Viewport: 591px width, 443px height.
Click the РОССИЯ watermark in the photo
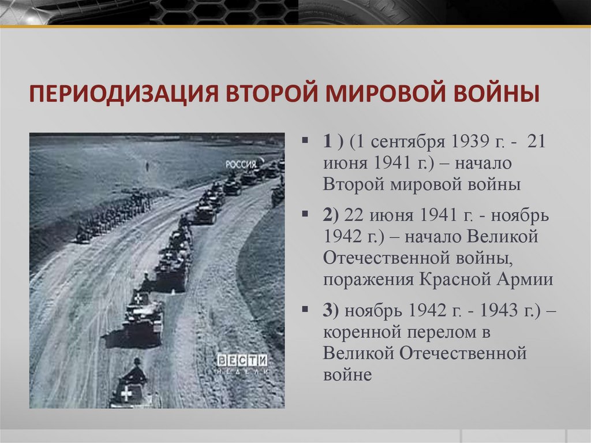point(241,164)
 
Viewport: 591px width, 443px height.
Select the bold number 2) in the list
point(331,215)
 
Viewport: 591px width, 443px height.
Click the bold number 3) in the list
point(331,310)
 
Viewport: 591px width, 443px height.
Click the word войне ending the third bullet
point(347,374)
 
